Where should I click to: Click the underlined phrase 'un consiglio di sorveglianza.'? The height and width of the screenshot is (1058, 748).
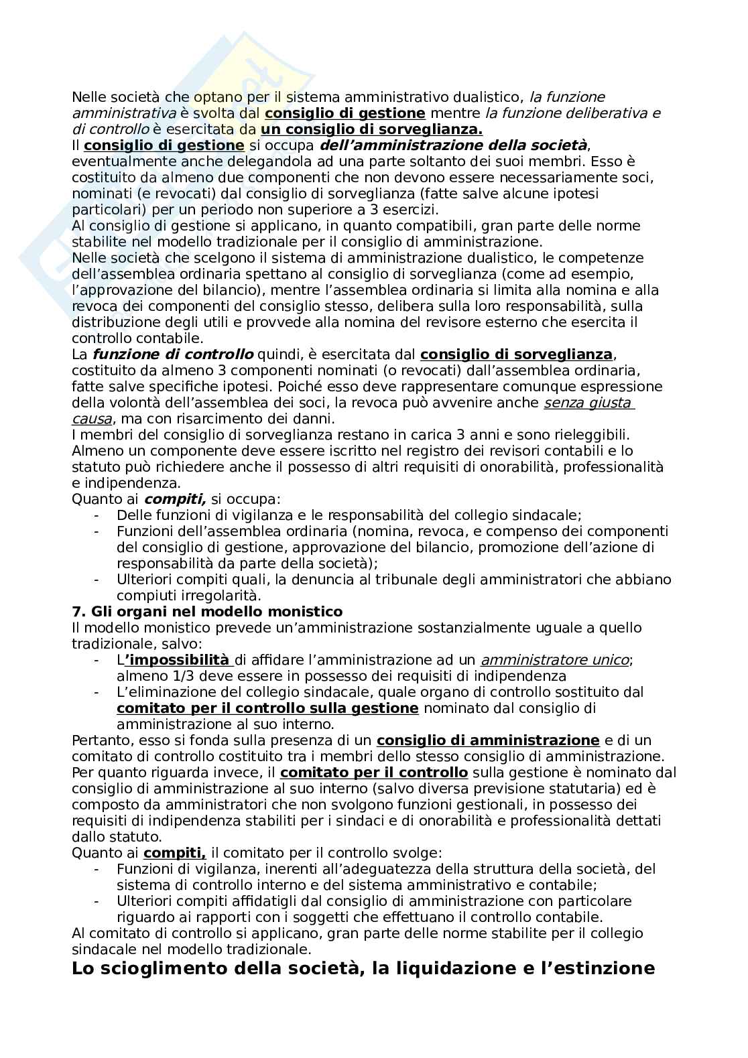pos(371,129)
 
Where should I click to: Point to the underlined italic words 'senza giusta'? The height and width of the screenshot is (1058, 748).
pos(587,403)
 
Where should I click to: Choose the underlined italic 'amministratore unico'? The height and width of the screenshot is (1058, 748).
pos(556,660)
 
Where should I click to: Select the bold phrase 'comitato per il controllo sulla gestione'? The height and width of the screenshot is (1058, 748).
pos(267,708)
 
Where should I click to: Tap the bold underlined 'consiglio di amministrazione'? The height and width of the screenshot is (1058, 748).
pos(487,740)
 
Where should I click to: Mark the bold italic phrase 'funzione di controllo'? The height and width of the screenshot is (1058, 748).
pos(173,354)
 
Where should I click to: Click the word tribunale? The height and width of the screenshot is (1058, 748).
pos(385,580)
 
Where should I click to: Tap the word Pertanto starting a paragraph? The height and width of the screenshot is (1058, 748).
pos(101,740)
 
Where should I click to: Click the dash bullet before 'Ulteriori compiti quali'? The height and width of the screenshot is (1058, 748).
pos(97,580)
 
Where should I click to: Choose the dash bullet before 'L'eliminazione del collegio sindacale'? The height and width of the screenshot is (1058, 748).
pos(97,692)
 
